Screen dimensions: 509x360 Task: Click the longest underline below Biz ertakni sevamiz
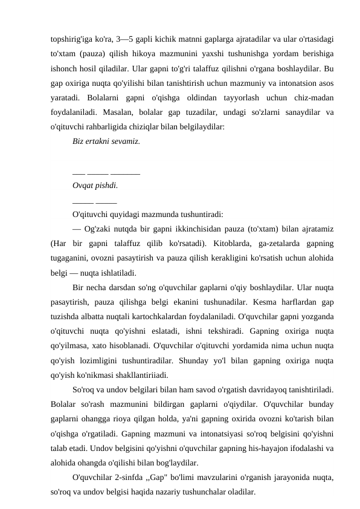pyautogui.click(x=126, y=172)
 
